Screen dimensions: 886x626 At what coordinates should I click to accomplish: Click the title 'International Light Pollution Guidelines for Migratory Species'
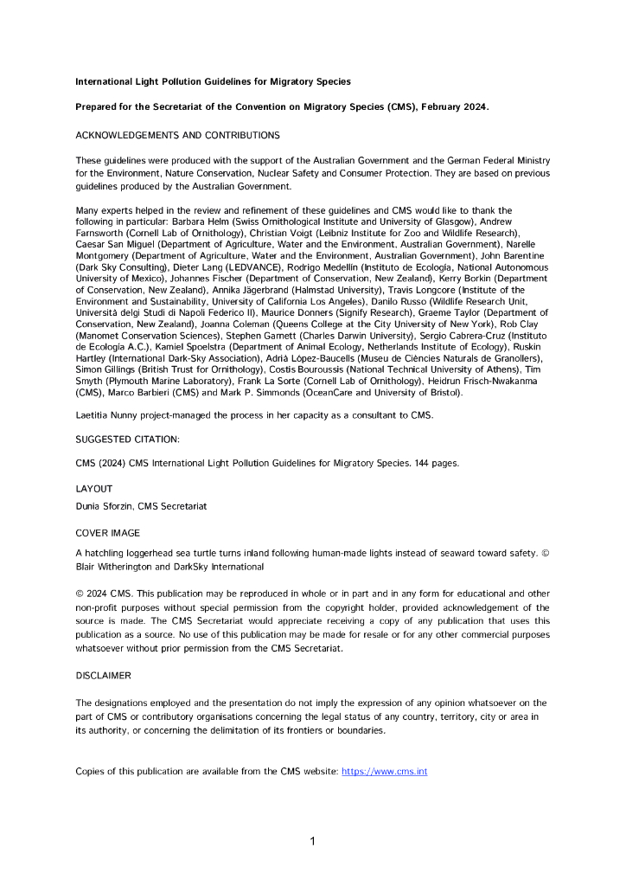214,81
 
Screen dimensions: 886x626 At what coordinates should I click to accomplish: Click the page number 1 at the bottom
312,840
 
